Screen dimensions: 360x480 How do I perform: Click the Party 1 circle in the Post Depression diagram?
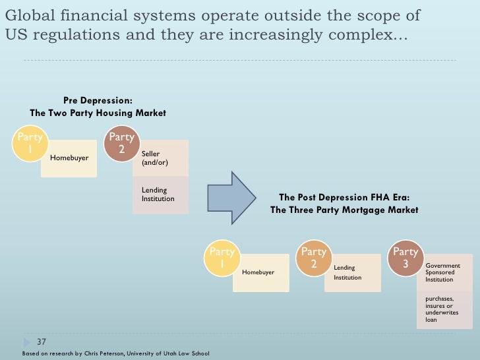(222, 258)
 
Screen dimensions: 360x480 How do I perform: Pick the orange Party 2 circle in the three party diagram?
(313, 258)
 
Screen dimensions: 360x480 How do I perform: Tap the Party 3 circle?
(405, 258)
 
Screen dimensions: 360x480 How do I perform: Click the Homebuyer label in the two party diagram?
(69, 158)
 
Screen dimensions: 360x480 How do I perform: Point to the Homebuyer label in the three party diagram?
(258, 272)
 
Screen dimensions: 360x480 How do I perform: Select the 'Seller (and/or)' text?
(151, 158)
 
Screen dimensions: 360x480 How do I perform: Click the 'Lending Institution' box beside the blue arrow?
(158, 195)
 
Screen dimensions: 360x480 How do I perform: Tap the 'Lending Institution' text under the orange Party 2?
(347, 272)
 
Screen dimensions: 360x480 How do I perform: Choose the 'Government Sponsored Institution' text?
(443, 272)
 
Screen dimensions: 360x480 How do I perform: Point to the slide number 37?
(41, 342)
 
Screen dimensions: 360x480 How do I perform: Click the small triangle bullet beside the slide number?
(26, 342)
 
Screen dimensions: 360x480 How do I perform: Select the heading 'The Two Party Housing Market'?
(98, 113)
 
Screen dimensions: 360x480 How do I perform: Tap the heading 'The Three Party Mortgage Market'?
(344, 210)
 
